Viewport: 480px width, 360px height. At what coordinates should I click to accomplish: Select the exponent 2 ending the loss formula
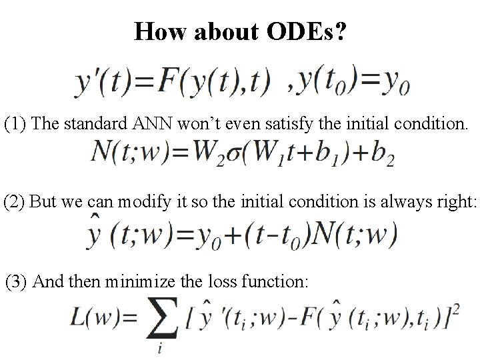455,311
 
